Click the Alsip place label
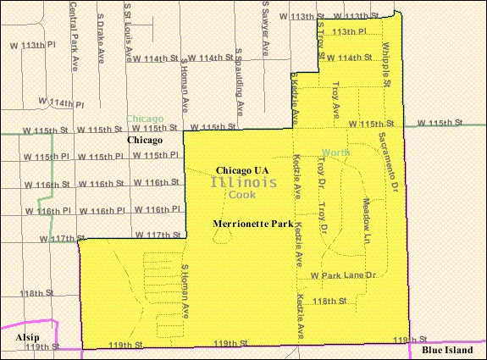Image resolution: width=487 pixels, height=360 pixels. tap(27, 336)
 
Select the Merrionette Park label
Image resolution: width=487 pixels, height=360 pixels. tap(252, 224)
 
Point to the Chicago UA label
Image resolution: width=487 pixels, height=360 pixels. tap(242, 169)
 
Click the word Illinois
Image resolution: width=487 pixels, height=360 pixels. tap(243, 183)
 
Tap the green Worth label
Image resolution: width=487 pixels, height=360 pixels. tap(335, 153)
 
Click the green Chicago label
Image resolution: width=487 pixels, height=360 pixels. tap(145, 119)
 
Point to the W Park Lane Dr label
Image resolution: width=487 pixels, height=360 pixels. tap(342, 276)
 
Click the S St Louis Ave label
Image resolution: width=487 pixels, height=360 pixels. tap(129, 30)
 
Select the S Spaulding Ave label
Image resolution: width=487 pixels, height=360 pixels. tap(240, 96)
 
